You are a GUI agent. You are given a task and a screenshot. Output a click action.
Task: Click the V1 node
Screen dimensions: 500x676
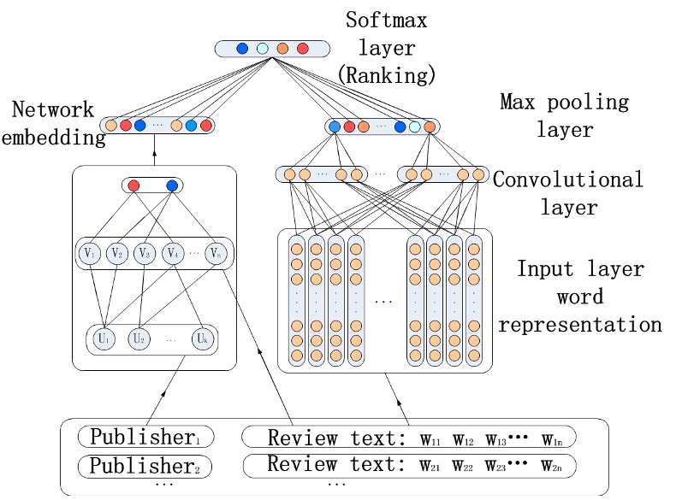(x=91, y=253)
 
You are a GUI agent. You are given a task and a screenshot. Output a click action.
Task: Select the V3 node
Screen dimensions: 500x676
(x=145, y=253)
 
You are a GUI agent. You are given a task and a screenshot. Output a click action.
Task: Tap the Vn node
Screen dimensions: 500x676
(x=216, y=253)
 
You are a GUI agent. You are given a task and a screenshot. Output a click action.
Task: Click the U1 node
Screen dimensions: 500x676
(x=104, y=338)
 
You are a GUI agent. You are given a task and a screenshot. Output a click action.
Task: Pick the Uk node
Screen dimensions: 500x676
(x=203, y=338)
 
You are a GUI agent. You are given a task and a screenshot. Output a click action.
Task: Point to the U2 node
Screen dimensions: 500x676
(x=139, y=338)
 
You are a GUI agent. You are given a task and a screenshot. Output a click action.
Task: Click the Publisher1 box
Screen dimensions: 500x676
(x=145, y=438)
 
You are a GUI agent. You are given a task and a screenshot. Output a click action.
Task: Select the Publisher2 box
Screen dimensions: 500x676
(x=145, y=466)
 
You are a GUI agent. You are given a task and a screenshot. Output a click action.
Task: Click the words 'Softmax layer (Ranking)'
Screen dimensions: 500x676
(x=387, y=47)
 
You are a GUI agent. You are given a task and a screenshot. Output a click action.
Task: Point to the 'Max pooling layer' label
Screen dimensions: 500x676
(x=564, y=115)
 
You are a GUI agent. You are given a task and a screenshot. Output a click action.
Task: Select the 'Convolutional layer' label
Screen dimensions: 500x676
(x=568, y=192)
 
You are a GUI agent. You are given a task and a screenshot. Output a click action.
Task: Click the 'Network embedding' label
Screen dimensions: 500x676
(x=53, y=123)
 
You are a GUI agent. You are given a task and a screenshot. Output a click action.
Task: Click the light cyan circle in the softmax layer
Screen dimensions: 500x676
(x=263, y=48)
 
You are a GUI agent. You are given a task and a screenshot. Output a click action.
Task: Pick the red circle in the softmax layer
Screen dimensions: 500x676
(x=302, y=48)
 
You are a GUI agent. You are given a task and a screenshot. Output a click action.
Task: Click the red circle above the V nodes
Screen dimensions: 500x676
(x=133, y=185)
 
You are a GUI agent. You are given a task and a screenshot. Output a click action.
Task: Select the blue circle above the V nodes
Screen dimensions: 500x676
(x=172, y=185)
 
